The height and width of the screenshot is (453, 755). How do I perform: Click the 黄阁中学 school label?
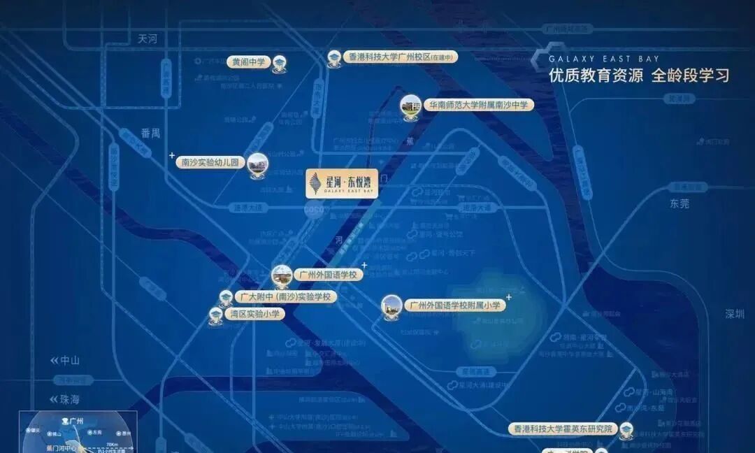(249, 62)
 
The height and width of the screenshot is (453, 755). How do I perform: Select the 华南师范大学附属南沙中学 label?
(479, 105)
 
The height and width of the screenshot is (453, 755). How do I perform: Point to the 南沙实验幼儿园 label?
(210, 162)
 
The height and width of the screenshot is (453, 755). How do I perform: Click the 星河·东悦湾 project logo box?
(342, 183)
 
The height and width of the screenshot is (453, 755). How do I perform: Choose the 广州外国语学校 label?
(327, 275)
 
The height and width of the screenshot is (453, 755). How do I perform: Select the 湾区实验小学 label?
(254, 314)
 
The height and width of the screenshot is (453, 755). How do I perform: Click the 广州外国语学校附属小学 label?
(455, 305)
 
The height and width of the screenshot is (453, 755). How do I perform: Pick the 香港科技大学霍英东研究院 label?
(563, 429)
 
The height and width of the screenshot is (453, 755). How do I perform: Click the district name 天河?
(148, 39)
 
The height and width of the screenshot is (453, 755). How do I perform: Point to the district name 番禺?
(150, 133)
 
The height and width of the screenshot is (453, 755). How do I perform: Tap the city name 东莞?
(679, 203)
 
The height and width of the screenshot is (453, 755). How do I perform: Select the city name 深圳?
(735, 314)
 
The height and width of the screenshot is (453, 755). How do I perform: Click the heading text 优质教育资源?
(596, 76)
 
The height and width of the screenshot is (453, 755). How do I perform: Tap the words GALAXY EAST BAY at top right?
(604, 59)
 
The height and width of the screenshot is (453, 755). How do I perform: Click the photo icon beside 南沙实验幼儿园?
(258, 164)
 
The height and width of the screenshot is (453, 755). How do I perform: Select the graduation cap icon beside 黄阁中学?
(280, 62)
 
